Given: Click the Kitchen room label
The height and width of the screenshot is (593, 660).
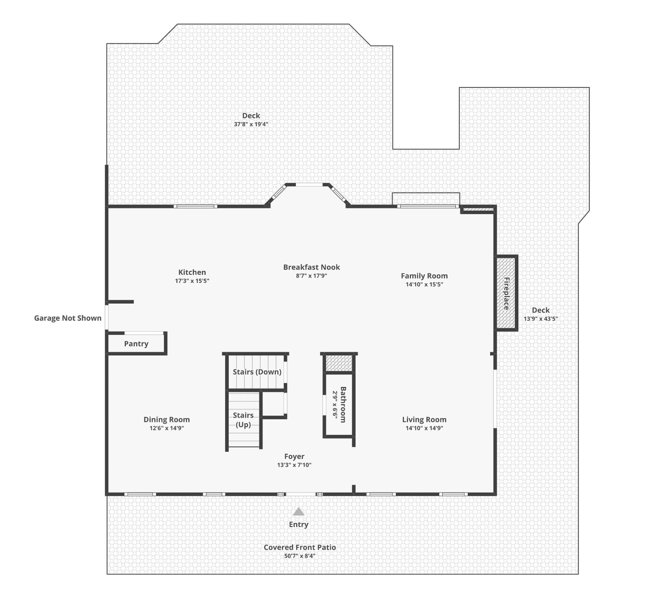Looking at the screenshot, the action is [192, 272].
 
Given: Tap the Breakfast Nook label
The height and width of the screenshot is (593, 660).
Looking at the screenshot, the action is [312, 267].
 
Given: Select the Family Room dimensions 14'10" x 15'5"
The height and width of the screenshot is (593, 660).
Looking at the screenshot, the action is [424, 284].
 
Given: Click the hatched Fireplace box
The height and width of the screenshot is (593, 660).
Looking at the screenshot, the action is [506, 293].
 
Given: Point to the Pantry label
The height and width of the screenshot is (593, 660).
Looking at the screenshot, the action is [136, 344].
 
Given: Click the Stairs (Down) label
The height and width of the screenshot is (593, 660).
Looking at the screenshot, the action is [257, 372].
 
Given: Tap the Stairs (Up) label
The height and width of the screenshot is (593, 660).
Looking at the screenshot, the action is [243, 420].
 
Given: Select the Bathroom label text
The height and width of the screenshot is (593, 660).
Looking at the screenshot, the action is [343, 405].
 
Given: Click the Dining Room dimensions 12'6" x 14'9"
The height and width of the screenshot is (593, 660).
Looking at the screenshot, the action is [167, 428].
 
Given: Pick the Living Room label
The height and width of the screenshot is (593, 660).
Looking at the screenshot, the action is [424, 419].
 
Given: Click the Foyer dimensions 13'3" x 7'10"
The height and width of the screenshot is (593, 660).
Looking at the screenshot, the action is [294, 465].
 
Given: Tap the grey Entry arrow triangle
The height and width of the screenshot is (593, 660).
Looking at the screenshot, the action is [299, 512].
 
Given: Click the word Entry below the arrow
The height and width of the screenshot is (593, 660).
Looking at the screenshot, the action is [299, 524].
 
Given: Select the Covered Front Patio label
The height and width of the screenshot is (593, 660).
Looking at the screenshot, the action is [300, 547].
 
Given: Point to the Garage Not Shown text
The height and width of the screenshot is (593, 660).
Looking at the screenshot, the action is [68, 318].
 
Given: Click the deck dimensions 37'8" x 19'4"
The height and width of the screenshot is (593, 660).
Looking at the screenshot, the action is [251, 124].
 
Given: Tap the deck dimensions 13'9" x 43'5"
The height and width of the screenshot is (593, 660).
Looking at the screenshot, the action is [541, 319].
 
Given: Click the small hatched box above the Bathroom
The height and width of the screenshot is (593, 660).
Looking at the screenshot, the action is [339, 363].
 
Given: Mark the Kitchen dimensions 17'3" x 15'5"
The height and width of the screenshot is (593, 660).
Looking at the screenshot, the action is [192, 281].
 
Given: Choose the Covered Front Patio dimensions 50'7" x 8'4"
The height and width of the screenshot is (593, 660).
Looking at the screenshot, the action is [300, 556].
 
